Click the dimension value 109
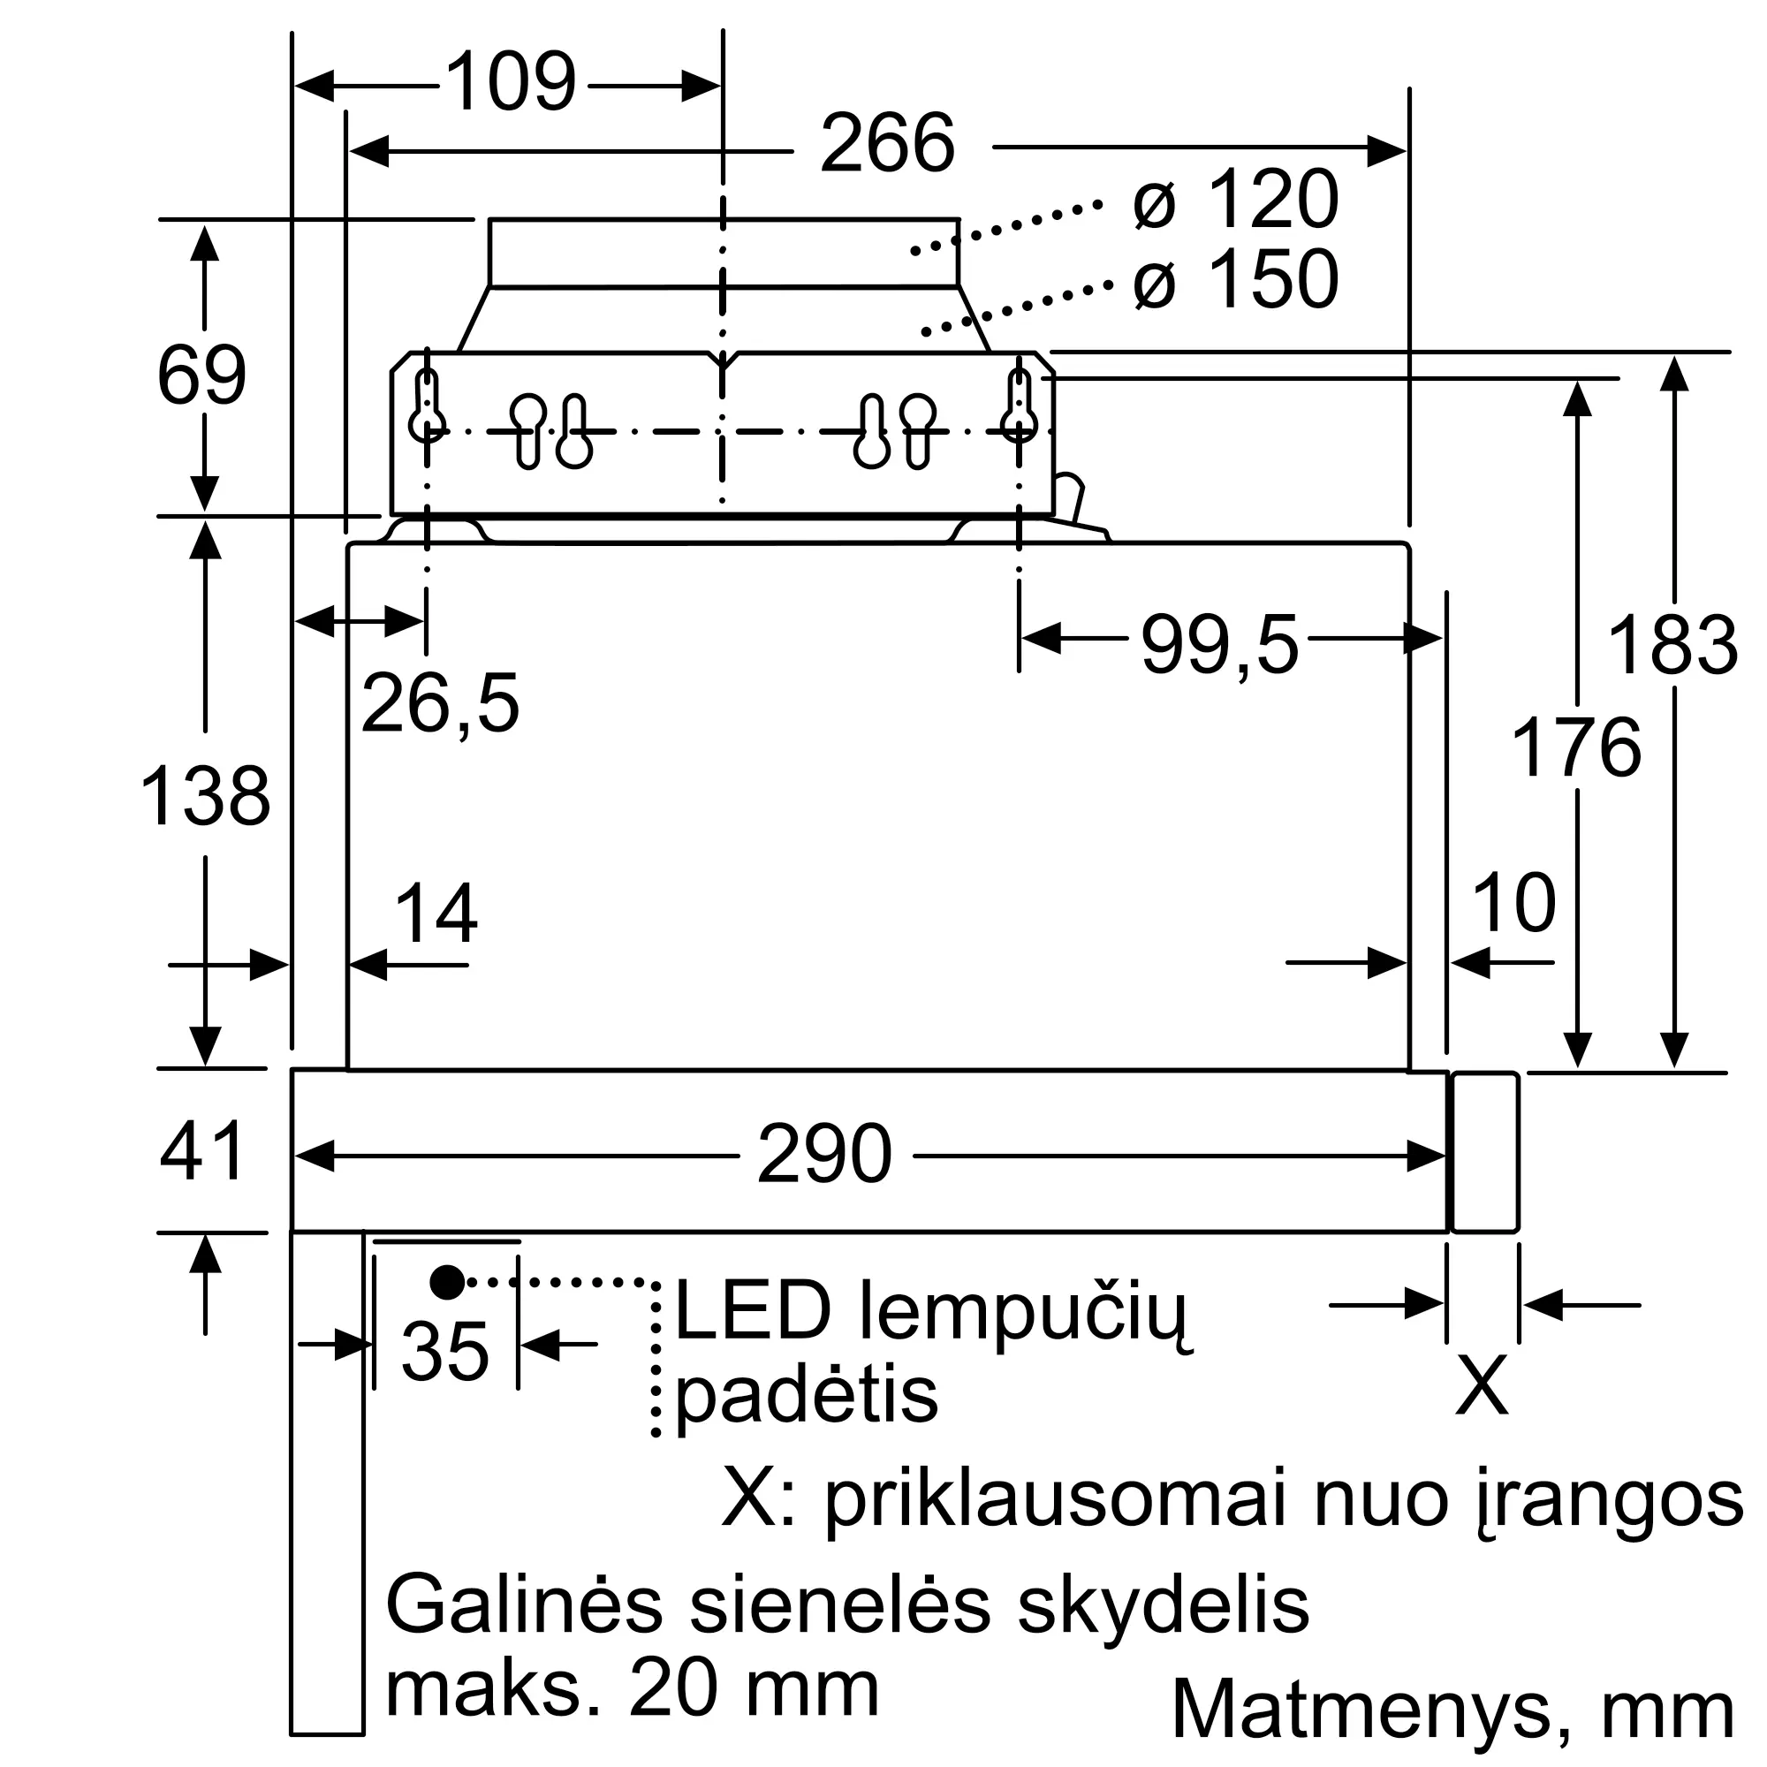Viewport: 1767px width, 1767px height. [512, 82]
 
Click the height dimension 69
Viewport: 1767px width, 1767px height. [202, 375]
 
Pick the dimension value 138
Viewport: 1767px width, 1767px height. [205, 796]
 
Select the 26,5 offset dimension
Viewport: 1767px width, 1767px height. [440, 702]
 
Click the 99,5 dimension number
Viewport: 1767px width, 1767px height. [1219, 645]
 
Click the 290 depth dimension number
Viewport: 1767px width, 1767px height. [825, 1154]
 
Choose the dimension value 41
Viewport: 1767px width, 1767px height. [202, 1150]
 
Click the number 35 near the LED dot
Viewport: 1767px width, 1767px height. [445, 1351]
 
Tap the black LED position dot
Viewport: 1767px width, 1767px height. [447, 1282]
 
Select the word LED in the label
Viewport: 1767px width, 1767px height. [753, 1311]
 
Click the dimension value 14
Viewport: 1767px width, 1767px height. [436, 913]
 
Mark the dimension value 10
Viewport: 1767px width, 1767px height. [1513, 903]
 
